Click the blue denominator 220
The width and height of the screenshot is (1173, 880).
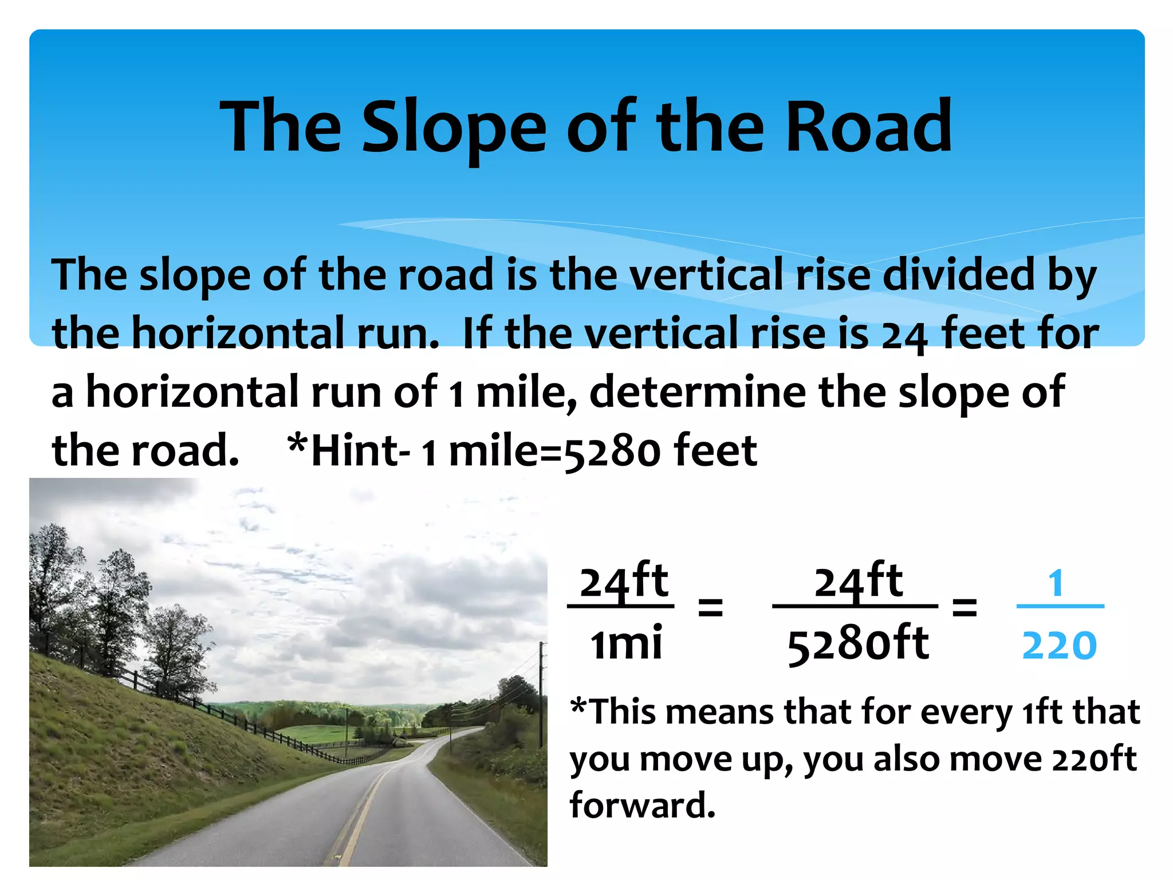(x=1059, y=646)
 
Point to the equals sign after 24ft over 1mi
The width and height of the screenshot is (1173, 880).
(x=710, y=607)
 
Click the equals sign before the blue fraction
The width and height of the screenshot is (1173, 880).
(x=964, y=607)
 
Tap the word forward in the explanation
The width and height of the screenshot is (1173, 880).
(x=642, y=805)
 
